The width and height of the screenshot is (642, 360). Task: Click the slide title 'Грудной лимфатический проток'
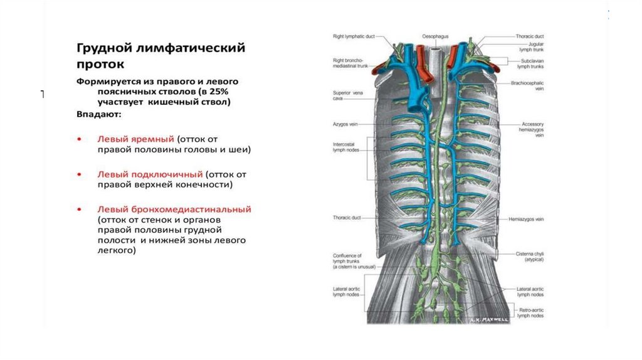tap(160, 56)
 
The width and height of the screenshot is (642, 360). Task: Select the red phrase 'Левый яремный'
tap(135, 138)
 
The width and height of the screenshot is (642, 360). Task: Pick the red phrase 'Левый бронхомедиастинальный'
tap(174, 209)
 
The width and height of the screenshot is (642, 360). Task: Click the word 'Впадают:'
tap(100, 115)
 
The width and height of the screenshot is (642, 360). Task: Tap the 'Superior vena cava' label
tap(346, 96)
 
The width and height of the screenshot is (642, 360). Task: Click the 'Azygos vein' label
tap(345, 125)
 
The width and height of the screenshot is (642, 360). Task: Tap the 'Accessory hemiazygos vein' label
tap(532, 129)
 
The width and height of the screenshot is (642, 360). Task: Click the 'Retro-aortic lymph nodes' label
tap(531, 313)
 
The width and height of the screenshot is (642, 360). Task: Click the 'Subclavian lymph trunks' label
tap(532, 63)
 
